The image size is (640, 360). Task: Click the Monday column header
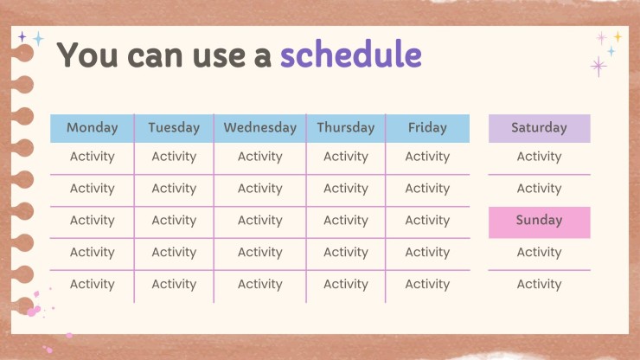pos(93,128)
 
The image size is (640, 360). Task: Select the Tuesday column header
pos(174,128)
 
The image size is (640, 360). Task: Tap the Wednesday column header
pos(260,128)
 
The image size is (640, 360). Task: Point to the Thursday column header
pos(346,128)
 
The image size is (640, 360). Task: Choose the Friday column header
pos(427,128)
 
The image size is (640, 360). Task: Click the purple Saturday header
pos(539,128)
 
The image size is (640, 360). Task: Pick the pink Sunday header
pos(539,222)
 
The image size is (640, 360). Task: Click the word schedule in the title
pos(351,55)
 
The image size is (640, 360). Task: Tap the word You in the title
pos(87,55)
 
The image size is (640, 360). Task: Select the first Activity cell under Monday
pos(93,157)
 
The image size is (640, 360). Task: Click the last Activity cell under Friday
pos(427,284)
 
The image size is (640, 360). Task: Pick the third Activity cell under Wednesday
pos(260,221)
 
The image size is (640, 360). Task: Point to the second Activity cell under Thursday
pos(346,189)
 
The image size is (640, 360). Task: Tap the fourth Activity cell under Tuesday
pos(174,252)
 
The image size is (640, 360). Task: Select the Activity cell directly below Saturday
pos(539,157)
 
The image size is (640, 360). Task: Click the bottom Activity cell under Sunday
pos(539,284)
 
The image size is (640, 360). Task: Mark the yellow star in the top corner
pos(618,36)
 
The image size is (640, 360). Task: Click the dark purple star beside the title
pos(22,37)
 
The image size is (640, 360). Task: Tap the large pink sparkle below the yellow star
pos(598,66)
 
